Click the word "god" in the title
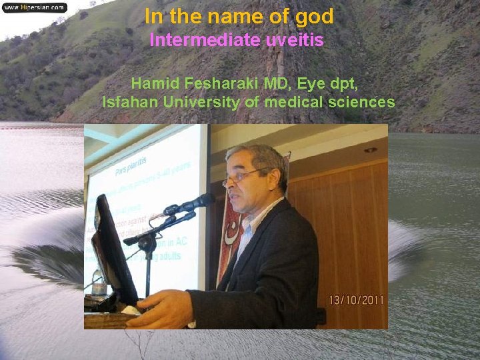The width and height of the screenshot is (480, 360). [312, 17]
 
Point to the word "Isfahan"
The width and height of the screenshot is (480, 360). [130, 103]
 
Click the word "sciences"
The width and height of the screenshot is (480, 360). [363, 103]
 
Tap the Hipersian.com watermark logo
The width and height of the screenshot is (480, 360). [34, 7]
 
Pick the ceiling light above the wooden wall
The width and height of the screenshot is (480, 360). [370, 150]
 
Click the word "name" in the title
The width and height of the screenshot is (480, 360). [247, 17]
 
